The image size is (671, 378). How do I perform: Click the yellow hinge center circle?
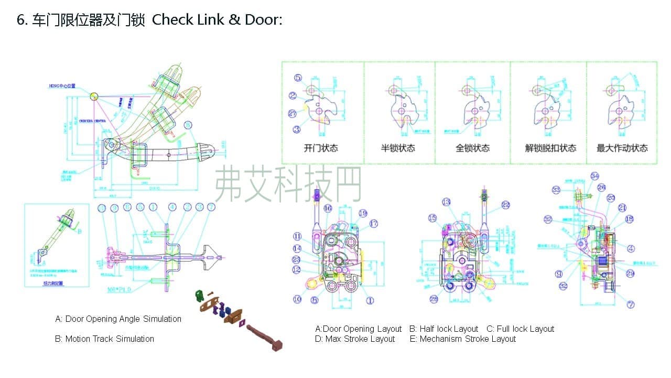tap(94, 96)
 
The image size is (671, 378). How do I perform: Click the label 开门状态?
tap(321, 148)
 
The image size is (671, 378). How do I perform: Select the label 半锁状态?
tap(398, 148)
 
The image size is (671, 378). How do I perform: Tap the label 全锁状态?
tap(472, 148)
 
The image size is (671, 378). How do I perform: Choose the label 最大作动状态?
tap(622, 148)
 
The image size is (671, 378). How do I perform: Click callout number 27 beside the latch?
tap(293, 113)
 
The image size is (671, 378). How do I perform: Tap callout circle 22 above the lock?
tap(505, 205)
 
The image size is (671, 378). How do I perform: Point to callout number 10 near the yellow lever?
tap(297, 299)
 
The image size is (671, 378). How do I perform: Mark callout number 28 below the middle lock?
tap(434, 299)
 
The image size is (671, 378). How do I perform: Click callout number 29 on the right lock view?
tap(630, 274)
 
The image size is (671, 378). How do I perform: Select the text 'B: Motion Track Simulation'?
tap(104, 339)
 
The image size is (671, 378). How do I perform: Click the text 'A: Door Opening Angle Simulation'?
tap(118, 319)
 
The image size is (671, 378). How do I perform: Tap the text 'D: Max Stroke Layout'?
tap(355, 339)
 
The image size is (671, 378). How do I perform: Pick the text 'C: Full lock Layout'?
tap(520, 329)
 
